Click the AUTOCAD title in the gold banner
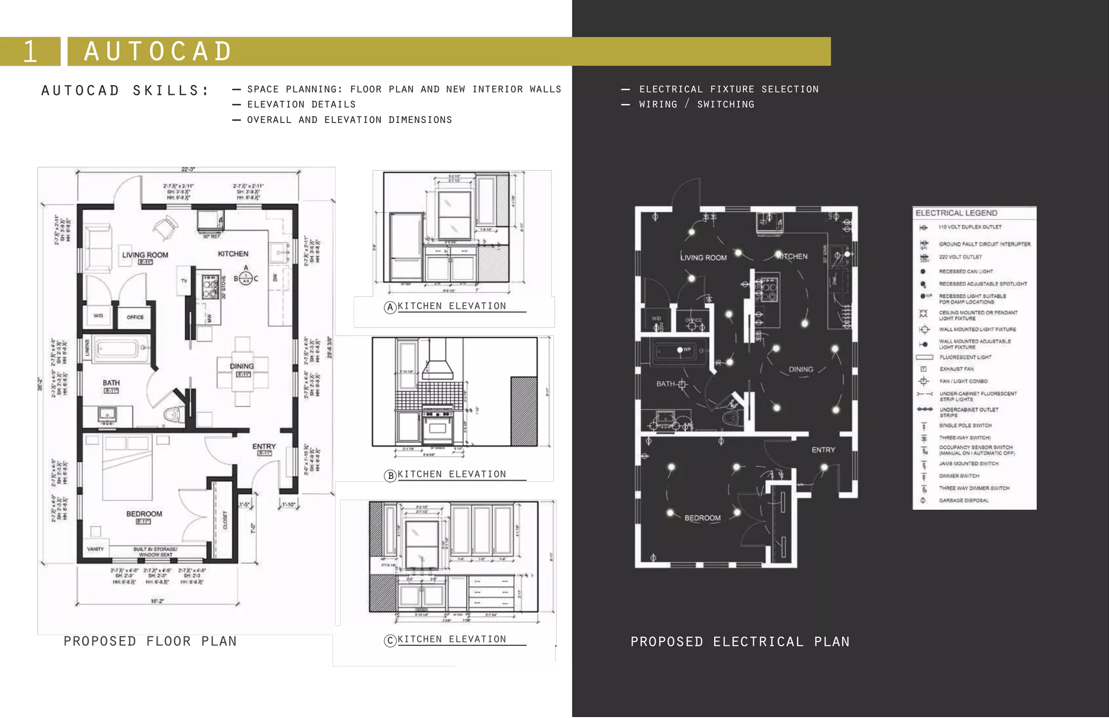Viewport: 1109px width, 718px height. click(158, 51)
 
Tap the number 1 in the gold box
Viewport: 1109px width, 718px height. click(30, 52)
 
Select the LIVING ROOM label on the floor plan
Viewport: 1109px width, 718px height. click(145, 255)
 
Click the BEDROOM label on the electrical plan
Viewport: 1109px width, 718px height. click(702, 518)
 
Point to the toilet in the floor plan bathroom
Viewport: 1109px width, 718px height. click(171, 415)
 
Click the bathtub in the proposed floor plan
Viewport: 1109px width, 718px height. click(122, 349)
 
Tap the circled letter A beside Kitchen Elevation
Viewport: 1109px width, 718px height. click(390, 308)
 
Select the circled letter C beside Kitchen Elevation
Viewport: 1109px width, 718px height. click(390, 641)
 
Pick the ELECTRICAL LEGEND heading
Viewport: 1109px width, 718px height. click(956, 213)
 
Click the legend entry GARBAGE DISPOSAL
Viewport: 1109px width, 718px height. click(963, 500)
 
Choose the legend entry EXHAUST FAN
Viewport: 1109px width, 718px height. click(956, 369)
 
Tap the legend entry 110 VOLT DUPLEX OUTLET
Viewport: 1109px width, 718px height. click(970, 227)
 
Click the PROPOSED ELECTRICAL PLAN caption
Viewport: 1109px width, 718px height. click(740, 642)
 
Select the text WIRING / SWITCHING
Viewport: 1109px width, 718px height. click(696, 104)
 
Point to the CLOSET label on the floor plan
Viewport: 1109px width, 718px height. click(225, 520)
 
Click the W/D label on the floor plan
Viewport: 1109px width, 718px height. click(98, 315)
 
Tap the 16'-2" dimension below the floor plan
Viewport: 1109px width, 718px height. click(157, 601)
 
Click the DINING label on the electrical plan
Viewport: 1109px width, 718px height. click(801, 369)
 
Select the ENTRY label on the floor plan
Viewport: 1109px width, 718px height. click(264, 447)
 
